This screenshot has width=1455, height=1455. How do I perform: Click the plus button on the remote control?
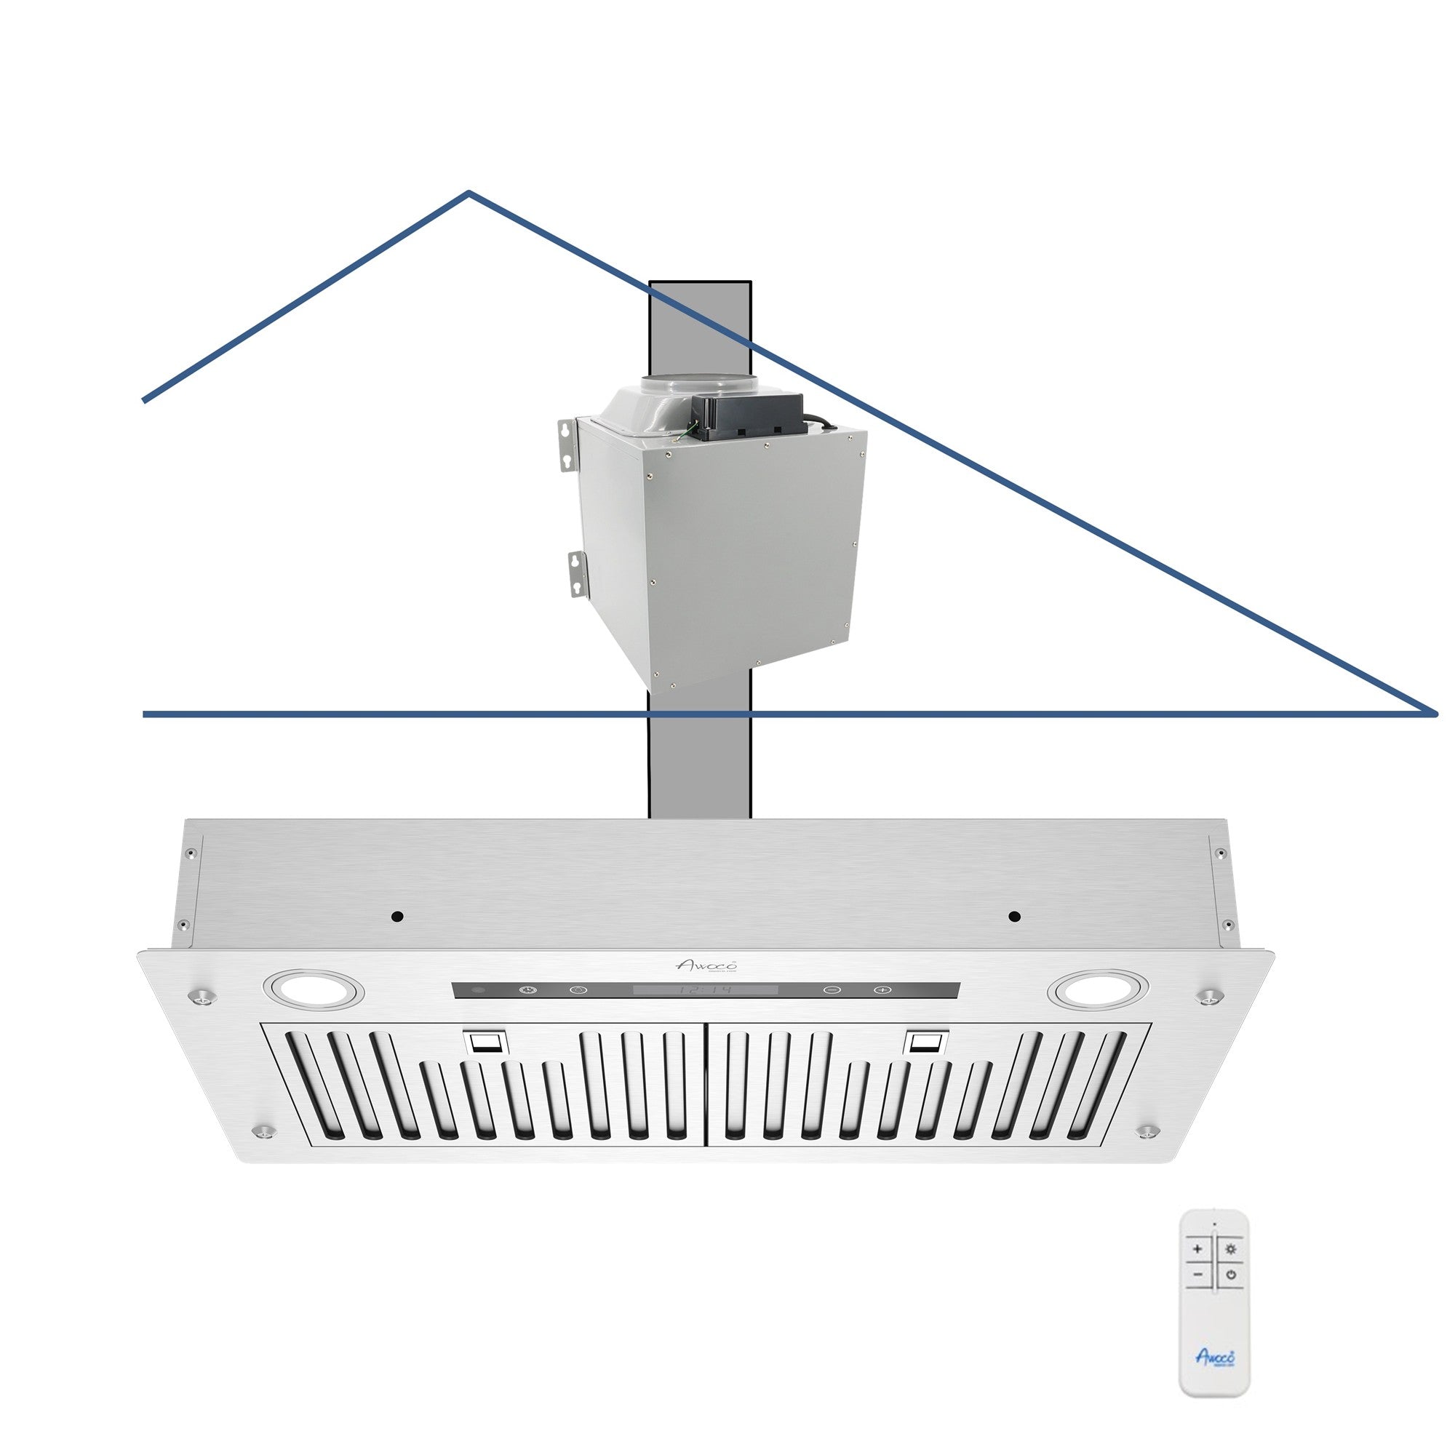[1197, 1249]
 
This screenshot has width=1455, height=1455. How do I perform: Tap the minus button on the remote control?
[1197, 1275]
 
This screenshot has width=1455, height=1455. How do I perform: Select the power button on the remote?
[1231, 1275]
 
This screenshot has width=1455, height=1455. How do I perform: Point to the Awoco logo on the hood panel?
[706, 965]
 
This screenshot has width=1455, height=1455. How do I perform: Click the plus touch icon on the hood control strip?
[882, 989]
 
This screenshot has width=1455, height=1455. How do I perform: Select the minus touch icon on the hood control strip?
[832, 989]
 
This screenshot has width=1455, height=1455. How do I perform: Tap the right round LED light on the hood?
[1101, 989]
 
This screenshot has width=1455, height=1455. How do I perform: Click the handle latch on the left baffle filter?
[485, 1043]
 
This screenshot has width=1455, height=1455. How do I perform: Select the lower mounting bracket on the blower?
[577, 573]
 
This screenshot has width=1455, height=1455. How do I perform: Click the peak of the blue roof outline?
[469, 194]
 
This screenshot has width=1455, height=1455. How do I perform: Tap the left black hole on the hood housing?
[398, 917]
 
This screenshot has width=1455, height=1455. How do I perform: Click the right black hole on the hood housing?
[1014, 917]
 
